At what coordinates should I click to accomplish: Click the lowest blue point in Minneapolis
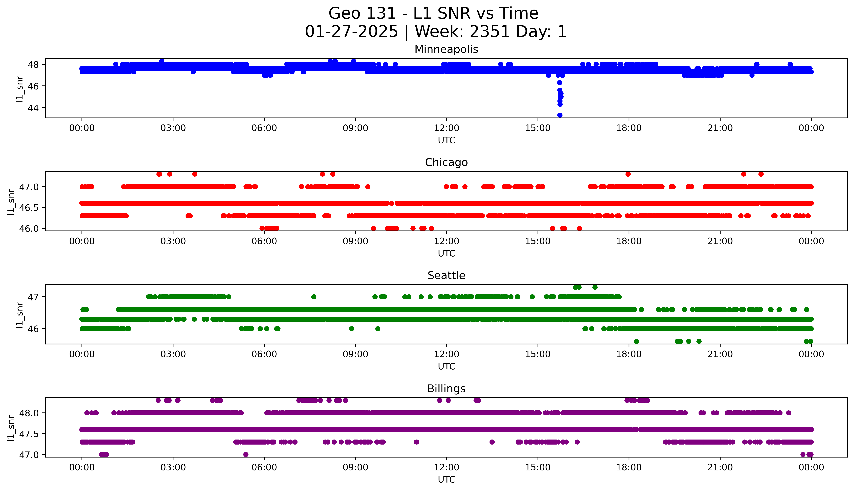pyautogui.click(x=560, y=115)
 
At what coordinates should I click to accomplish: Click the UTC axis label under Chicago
pyautogui.click(x=446, y=253)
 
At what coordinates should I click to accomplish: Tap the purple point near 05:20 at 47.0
pyautogui.click(x=246, y=454)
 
